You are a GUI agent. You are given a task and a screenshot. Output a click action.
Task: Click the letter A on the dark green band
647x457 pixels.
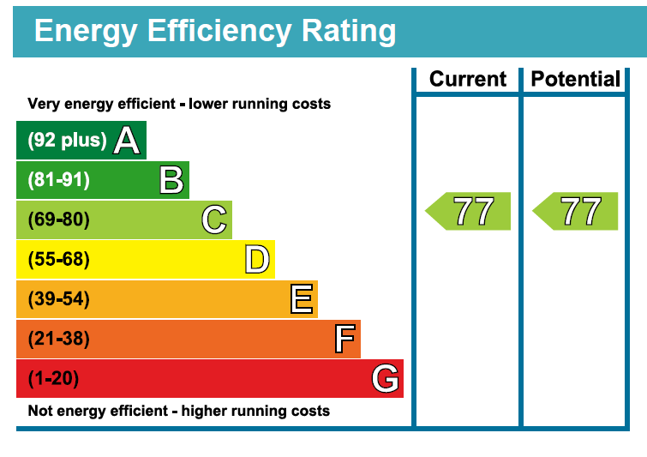pyautogui.click(x=127, y=140)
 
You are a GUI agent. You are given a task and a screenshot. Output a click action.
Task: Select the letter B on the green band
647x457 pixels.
pyautogui.click(x=171, y=180)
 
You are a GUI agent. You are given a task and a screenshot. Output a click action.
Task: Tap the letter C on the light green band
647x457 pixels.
pyautogui.click(x=214, y=219)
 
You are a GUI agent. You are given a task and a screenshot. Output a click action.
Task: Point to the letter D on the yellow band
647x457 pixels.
pyautogui.click(x=257, y=259)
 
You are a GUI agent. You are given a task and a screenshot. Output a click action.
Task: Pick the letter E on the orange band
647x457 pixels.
pyautogui.click(x=302, y=299)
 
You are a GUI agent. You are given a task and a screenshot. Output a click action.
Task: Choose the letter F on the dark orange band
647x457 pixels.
pyautogui.click(x=344, y=339)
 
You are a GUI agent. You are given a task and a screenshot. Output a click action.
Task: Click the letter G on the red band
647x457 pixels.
pyautogui.click(x=386, y=378)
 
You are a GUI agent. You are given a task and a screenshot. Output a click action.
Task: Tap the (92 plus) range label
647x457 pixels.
pyautogui.click(x=68, y=141)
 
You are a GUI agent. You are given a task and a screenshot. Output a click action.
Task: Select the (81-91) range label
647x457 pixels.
pyautogui.click(x=58, y=180)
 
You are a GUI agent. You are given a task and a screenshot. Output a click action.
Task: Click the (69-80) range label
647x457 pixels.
pyautogui.click(x=58, y=219)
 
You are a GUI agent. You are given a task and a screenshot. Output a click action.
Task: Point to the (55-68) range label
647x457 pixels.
pyautogui.click(x=58, y=259)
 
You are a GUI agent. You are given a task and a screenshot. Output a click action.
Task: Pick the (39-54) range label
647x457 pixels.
pyautogui.click(x=58, y=299)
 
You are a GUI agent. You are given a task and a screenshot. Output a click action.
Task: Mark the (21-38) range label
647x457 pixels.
pyautogui.click(x=58, y=339)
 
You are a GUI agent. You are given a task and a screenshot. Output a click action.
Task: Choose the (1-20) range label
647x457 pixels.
pyautogui.click(x=54, y=378)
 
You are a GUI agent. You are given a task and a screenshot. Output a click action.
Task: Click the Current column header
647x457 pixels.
pyautogui.click(x=468, y=79)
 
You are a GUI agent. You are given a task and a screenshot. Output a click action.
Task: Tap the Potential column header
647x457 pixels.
pyautogui.click(x=576, y=79)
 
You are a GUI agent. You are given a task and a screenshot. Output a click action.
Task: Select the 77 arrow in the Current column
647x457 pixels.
pyautogui.click(x=470, y=212)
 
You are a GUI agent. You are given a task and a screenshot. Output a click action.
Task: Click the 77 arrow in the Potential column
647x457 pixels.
pyautogui.click(x=577, y=212)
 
